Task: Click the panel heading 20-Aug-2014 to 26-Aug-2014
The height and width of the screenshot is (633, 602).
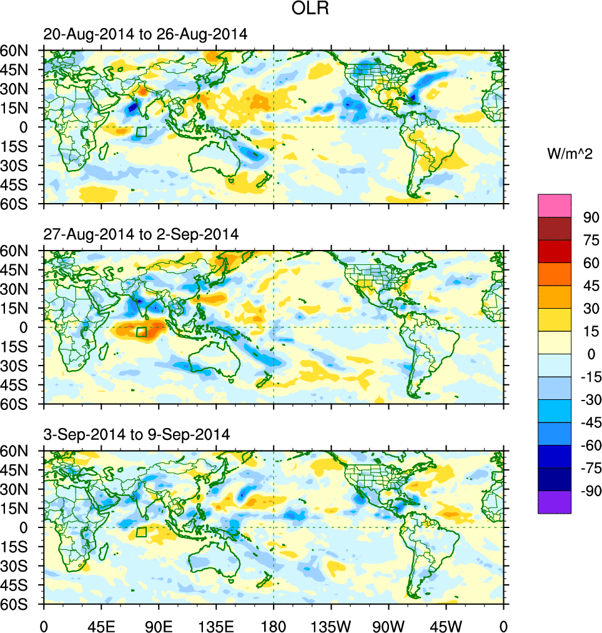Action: pos(145,35)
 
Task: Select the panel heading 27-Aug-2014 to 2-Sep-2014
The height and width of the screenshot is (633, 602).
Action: pos(141,235)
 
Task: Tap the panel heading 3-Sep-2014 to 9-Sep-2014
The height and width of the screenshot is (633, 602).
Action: pos(136,434)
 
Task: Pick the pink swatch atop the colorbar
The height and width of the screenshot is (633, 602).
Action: pos(555,206)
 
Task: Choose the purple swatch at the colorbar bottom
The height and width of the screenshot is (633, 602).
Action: pos(555,502)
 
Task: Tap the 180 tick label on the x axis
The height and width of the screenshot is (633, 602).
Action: pos(274,625)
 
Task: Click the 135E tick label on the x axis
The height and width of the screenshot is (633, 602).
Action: pos(216,625)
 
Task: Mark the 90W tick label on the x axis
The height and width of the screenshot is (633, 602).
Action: pos(388,625)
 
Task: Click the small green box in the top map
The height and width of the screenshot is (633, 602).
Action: pos(141,132)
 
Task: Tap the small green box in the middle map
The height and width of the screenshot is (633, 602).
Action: pos(141,332)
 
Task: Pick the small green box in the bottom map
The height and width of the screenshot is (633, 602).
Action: pos(141,532)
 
